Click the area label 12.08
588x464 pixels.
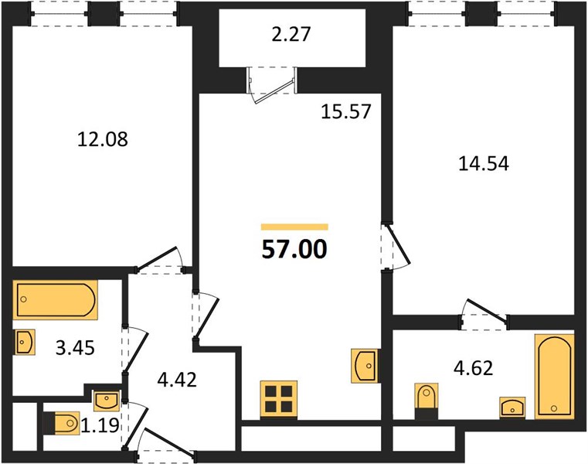coord(102,139)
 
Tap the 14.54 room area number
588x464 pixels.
coord(484,164)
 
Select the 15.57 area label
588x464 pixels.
coord(346,111)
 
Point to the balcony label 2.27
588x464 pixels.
coord(291,34)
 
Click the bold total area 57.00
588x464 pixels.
coord(294,249)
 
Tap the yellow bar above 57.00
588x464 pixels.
coord(294,227)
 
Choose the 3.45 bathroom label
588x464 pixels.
coord(75,348)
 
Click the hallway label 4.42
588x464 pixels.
coord(177,380)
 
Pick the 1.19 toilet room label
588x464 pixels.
coord(100,425)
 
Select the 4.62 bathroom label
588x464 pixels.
coord(473,368)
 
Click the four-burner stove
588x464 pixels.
coord(279,400)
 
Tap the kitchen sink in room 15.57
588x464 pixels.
coord(364,366)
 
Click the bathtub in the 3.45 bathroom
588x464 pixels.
coord(56,300)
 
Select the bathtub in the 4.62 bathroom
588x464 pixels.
coord(555,376)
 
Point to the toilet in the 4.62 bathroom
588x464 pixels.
coord(427,401)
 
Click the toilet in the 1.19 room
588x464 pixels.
coord(62,423)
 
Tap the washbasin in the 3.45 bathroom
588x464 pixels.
coord(25,342)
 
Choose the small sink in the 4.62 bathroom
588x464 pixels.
coord(512,407)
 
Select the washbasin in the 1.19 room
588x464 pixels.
coord(106,400)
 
